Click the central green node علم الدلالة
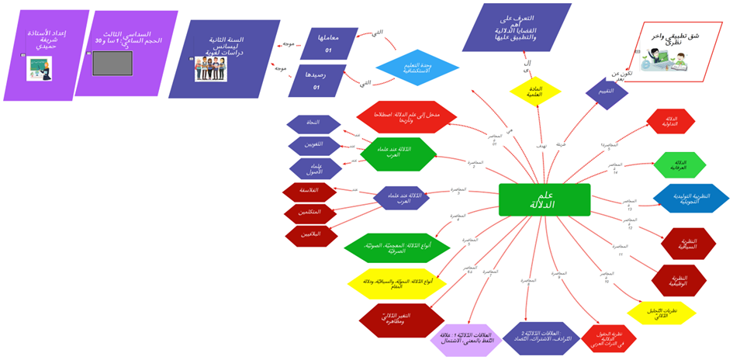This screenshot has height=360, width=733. tap(545, 199)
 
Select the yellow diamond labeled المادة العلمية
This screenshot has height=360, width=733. tap(535, 92)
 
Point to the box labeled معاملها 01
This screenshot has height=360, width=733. tap(329, 43)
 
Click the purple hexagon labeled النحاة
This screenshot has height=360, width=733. tap(314, 123)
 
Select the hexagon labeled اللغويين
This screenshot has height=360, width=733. tap(315, 145)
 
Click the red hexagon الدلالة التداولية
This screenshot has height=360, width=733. tap(671, 121)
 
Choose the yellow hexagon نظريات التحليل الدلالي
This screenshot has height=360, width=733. tap(662, 313)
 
